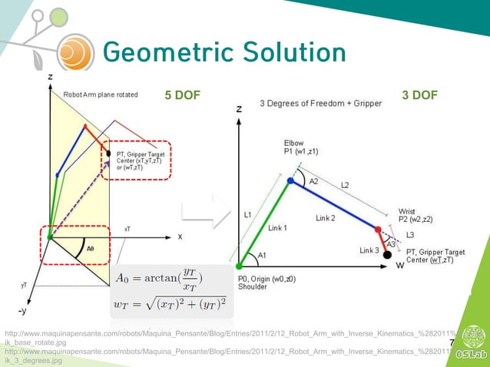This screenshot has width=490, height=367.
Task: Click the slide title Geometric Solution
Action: tap(223, 52)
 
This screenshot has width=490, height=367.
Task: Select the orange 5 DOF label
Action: tap(182, 95)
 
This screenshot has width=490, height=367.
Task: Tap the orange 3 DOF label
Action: tap(419, 95)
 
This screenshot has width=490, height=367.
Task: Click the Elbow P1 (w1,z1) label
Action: tap(306, 147)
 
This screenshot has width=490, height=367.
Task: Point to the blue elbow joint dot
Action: tap(290, 181)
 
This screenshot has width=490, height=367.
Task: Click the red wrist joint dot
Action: tap(377, 229)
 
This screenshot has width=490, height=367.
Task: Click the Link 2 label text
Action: tap(325, 218)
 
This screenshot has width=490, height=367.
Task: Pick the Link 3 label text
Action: tap(369, 250)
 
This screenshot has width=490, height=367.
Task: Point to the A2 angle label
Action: tap(313, 182)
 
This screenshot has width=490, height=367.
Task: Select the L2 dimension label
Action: tap(345, 186)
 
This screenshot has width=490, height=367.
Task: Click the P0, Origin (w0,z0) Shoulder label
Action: tap(267, 283)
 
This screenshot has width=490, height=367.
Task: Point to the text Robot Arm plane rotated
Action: tap(101, 95)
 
